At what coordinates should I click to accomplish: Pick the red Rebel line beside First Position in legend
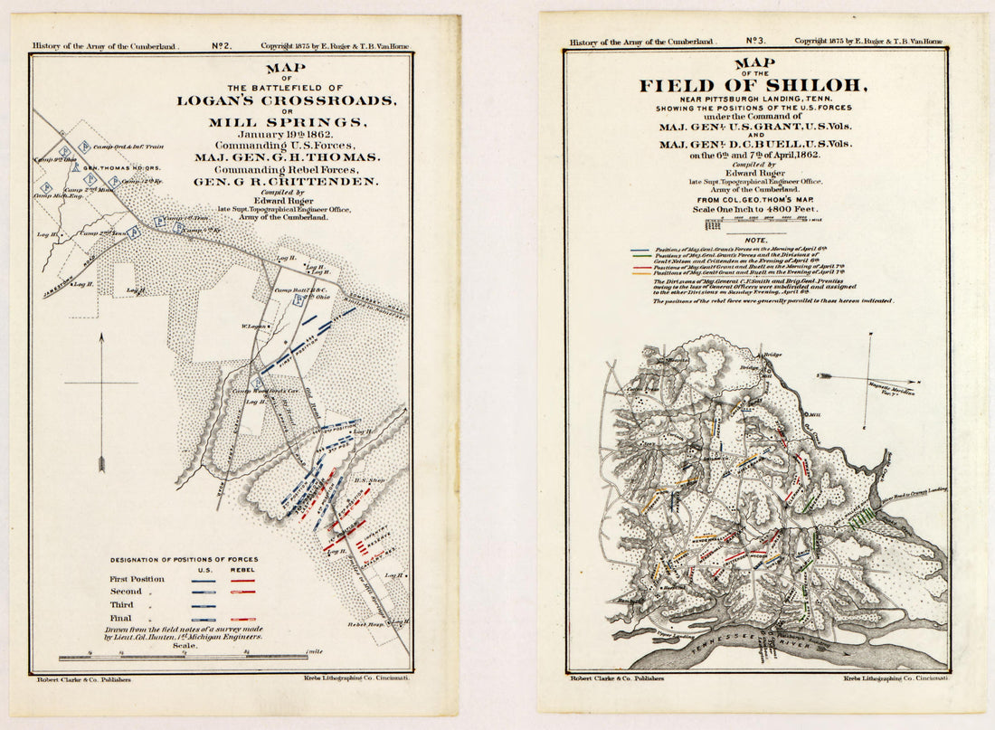242,580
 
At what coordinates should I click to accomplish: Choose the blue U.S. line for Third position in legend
204,606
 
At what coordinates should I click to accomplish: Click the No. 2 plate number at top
223,44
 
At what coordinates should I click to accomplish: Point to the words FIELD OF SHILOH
753,86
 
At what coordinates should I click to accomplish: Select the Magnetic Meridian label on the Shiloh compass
890,387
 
